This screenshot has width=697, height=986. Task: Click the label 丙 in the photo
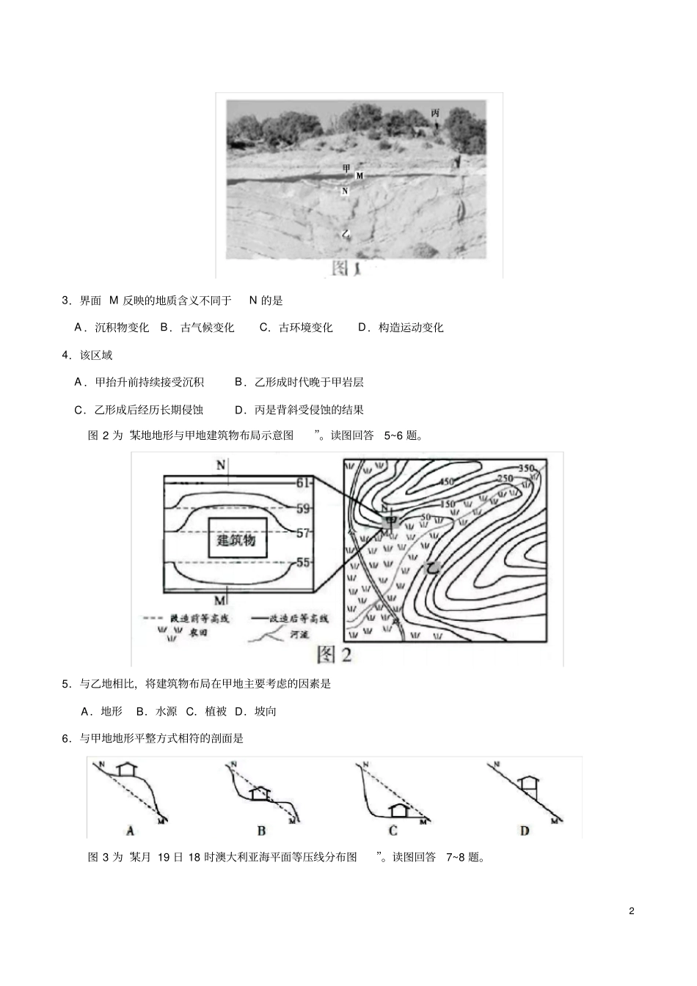click(435, 112)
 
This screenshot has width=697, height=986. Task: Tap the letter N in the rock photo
click(345, 191)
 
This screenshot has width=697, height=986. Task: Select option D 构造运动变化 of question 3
click(402, 328)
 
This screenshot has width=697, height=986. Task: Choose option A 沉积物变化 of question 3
click(112, 328)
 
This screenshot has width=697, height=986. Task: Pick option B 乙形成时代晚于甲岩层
click(299, 382)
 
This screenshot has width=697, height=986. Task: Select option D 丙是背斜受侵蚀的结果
click(299, 410)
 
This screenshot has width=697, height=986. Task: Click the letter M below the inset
click(219, 601)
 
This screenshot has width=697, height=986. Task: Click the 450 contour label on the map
click(447, 482)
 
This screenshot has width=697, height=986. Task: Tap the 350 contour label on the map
click(526, 468)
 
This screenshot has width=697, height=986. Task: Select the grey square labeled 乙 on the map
click(432, 567)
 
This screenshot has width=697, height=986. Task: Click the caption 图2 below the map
click(334, 653)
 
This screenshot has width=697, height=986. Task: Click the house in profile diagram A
click(128, 768)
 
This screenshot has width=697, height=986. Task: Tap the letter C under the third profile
click(393, 831)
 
